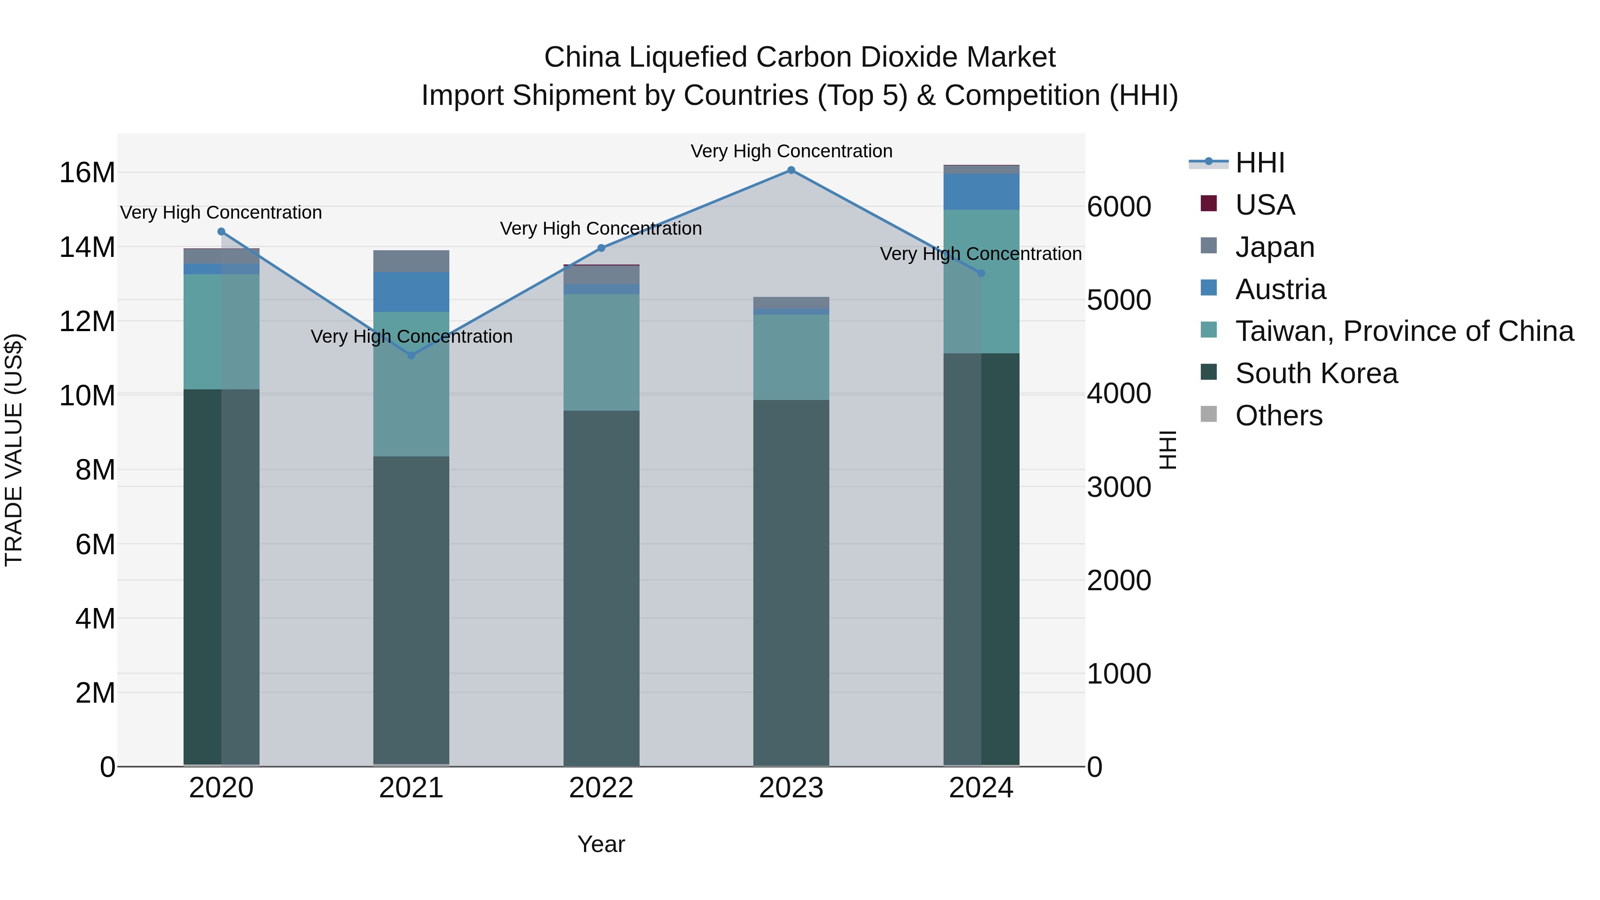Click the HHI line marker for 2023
pos(791,170)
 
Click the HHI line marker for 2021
pos(411,355)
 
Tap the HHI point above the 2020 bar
pos(221,232)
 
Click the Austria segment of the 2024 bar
pos(981,192)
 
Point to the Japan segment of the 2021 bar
pos(411,261)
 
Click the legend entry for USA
pos(1264,205)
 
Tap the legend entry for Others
pos(1278,416)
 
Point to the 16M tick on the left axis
pos(87,173)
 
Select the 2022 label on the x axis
pos(601,788)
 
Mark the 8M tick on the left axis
pos(95,470)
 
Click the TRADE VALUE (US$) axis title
pos(14,450)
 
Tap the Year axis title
pos(601,844)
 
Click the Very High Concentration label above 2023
pos(791,151)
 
